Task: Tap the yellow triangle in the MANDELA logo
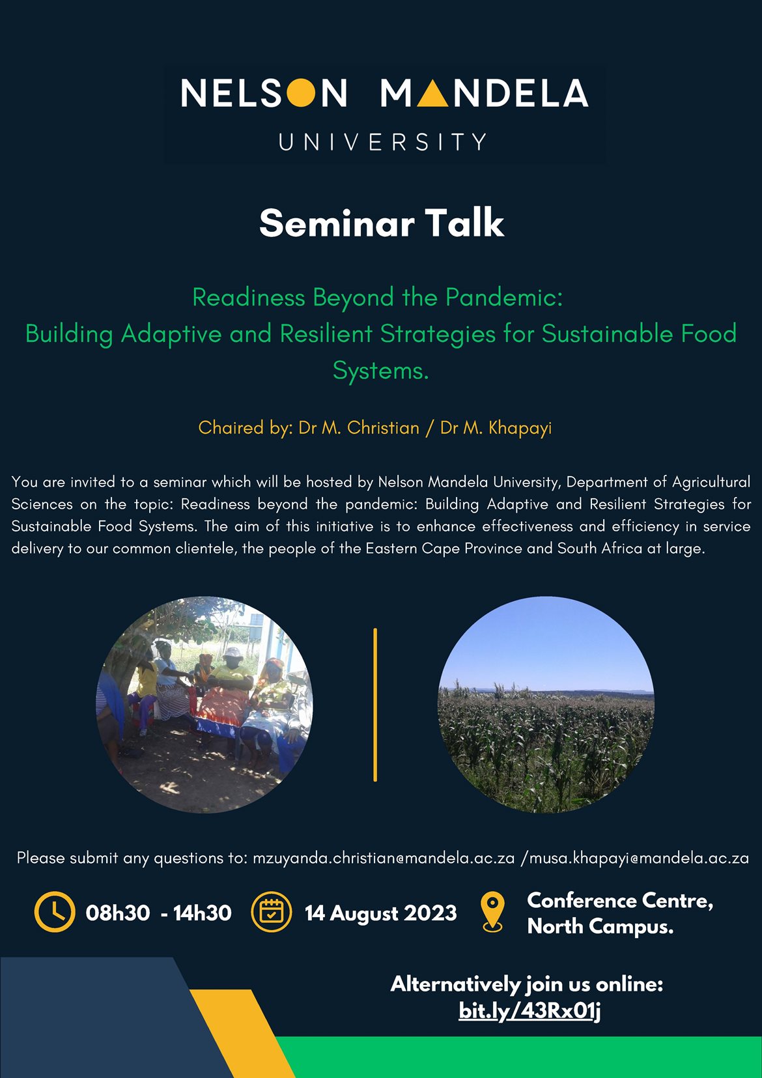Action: pos(432,93)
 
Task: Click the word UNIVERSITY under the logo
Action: pos(382,142)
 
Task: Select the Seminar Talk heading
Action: pos(382,223)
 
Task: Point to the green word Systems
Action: pos(380,371)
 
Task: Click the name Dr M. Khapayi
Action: pos(496,428)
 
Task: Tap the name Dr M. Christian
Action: pos(359,427)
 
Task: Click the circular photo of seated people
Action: pos(205,705)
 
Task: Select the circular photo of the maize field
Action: pos(546,705)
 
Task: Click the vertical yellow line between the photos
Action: pos(375,705)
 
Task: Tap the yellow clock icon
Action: pos(55,912)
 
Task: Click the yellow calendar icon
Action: pos(272,912)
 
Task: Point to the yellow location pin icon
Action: pos(492,912)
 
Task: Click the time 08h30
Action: pos(118,913)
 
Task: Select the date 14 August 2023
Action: pos(380,913)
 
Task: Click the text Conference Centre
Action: pos(620,900)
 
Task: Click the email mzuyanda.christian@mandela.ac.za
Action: pos(384,858)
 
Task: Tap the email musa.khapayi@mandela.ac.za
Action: pos(639,858)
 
